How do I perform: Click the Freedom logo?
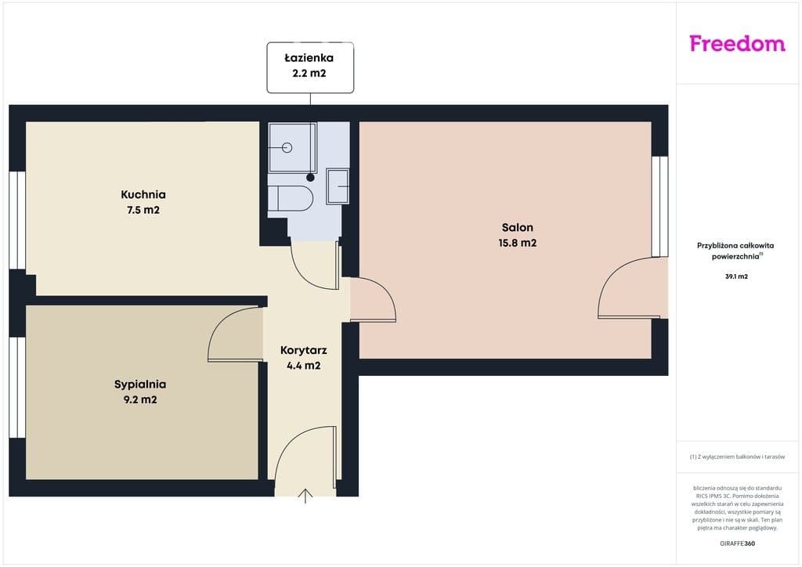tap(737, 44)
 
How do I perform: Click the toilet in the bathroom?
tap(290, 198)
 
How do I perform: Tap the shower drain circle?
tap(287, 148)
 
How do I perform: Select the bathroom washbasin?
tap(338, 186)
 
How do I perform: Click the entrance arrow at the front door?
tap(305, 497)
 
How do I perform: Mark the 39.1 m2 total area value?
tap(736, 276)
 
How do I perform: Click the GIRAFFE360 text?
tap(737, 544)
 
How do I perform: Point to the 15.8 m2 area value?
tap(518, 243)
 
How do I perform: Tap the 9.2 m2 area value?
tap(140, 399)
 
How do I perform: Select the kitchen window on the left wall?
tap(17, 220)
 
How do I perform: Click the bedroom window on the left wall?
tap(17, 388)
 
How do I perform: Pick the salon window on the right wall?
tap(659, 207)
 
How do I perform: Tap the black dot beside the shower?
tap(310, 178)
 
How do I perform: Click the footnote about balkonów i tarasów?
tap(737, 457)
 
